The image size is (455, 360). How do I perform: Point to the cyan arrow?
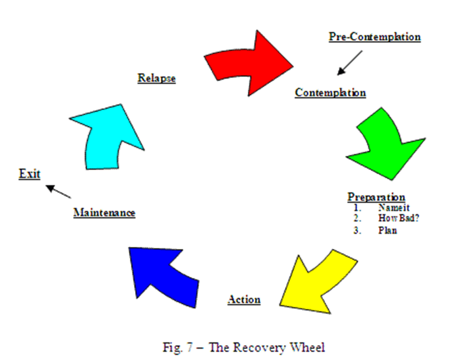[106, 137]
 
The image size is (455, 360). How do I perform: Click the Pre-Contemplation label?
[374, 37]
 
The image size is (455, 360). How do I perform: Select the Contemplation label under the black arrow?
[330, 93]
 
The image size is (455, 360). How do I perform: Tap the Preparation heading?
[376, 197]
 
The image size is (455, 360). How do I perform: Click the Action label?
[244, 299]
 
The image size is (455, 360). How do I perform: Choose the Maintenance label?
[104, 212]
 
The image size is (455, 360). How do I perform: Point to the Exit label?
[29, 174]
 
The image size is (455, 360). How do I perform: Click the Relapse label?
[157, 78]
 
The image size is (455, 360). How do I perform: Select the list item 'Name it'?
[393, 207]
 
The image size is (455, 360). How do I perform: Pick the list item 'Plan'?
[387, 230]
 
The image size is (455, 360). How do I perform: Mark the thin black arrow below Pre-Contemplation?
[350, 63]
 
